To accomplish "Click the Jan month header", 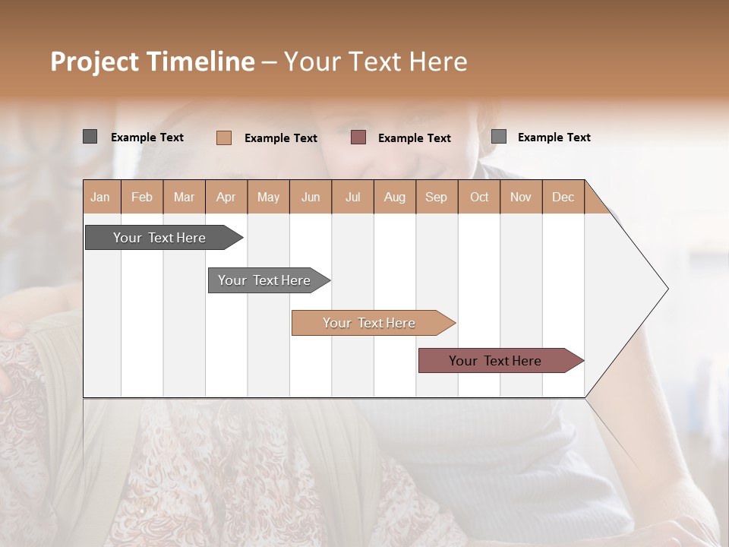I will pyautogui.click(x=101, y=197).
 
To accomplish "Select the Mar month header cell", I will pyautogui.click(x=184, y=197).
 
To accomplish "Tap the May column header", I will pyautogui.click(x=268, y=197).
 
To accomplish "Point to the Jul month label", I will pyautogui.click(x=352, y=197).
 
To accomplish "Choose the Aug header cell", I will pyautogui.click(x=394, y=197).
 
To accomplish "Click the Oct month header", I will pyautogui.click(x=478, y=197).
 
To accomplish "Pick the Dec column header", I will pyautogui.click(x=563, y=197).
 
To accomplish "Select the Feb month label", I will pyautogui.click(x=142, y=197).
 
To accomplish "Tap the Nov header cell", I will pyautogui.click(x=520, y=197).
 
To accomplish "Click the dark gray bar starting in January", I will pyautogui.click(x=159, y=238).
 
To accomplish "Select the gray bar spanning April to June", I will pyautogui.click(x=264, y=280).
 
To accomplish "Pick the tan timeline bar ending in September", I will pyautogui.click(x=369, y=323).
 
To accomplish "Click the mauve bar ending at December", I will pyautogui.click(x=495, y=361).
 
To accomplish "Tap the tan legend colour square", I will pyautogui.click(x=223, y=138).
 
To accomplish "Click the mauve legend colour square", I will pyautogui.click(x=358, y=138).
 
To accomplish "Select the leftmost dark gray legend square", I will pyautogui.click(x=90, y=137).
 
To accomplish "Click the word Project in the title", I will pyautogui.click(x=94, y=62).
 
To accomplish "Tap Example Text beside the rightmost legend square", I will pyautogui.click(x=554, y=138).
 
